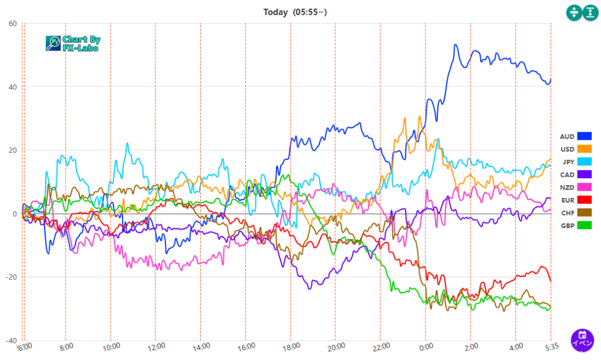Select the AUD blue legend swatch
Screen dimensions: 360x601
coord(584,136)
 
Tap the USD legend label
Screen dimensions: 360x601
coord(568,149)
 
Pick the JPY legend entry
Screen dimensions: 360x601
coord(568,162)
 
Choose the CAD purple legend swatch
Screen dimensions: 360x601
coord(584,174)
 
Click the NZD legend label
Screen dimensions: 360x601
coord(568,187)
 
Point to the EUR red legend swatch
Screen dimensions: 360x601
coord(584,200)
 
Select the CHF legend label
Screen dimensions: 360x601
coord(568,213)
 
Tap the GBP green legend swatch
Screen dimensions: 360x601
coord(584,225)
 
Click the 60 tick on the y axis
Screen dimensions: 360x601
coord(12,23)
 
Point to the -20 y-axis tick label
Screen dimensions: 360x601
coord(11,277)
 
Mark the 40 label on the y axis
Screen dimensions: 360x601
coord(12,87)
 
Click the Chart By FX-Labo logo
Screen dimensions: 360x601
coord(73,43)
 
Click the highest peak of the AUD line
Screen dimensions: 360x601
coord(455,45)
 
